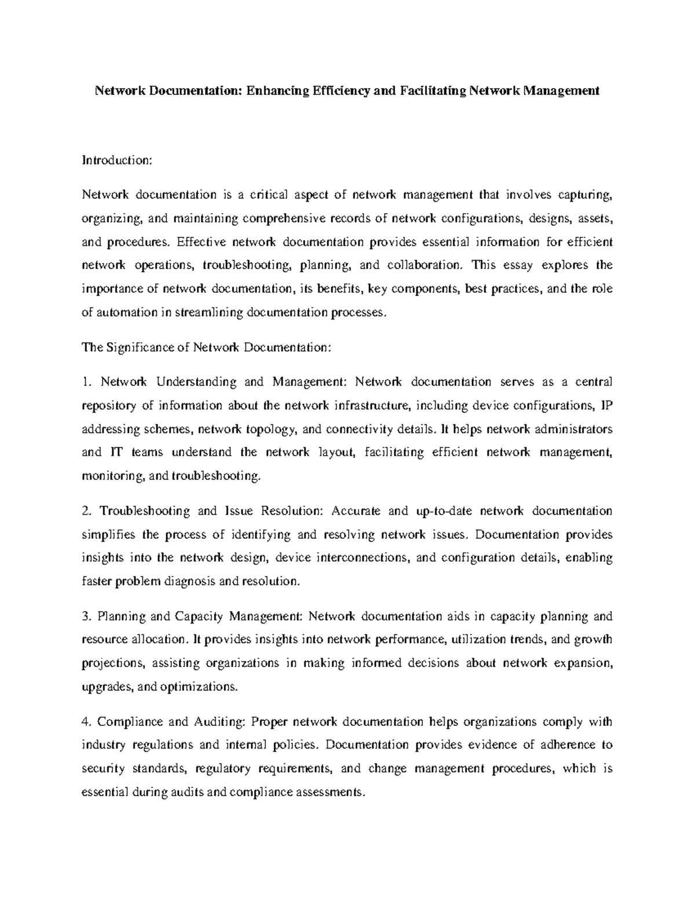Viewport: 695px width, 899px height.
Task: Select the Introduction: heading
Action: click(x=116, y=160)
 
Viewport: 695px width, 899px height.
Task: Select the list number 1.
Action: click(x=87, y=382)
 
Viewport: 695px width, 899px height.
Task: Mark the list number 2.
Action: click(x=87, y=511)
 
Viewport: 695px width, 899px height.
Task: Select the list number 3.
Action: click(x=87, y=617)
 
